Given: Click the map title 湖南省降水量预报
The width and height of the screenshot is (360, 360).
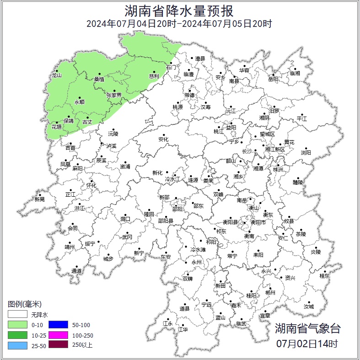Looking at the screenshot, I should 179,10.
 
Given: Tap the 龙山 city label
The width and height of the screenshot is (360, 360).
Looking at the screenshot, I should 56,75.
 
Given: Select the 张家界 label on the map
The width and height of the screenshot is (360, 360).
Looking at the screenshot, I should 114,95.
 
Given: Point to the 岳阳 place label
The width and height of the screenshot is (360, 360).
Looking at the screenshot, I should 273,79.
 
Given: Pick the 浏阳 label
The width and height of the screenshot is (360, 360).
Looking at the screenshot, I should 306,152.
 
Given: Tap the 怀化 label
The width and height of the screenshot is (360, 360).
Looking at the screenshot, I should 91,185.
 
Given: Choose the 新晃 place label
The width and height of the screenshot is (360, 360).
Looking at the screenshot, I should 40,199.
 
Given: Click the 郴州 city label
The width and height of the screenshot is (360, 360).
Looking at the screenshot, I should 270,292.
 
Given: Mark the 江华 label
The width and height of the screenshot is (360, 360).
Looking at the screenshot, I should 183,329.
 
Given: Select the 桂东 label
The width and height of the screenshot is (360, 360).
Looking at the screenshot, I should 324,276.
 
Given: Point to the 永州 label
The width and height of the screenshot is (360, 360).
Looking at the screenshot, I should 196,262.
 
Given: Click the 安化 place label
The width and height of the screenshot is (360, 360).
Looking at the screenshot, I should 163,139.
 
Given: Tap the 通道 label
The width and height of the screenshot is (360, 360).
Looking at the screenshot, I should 76,271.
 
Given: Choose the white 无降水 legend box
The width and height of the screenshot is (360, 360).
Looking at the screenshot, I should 17,315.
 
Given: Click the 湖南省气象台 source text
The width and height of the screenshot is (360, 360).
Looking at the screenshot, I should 307,328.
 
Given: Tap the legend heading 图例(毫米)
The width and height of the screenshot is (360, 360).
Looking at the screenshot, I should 25,304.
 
